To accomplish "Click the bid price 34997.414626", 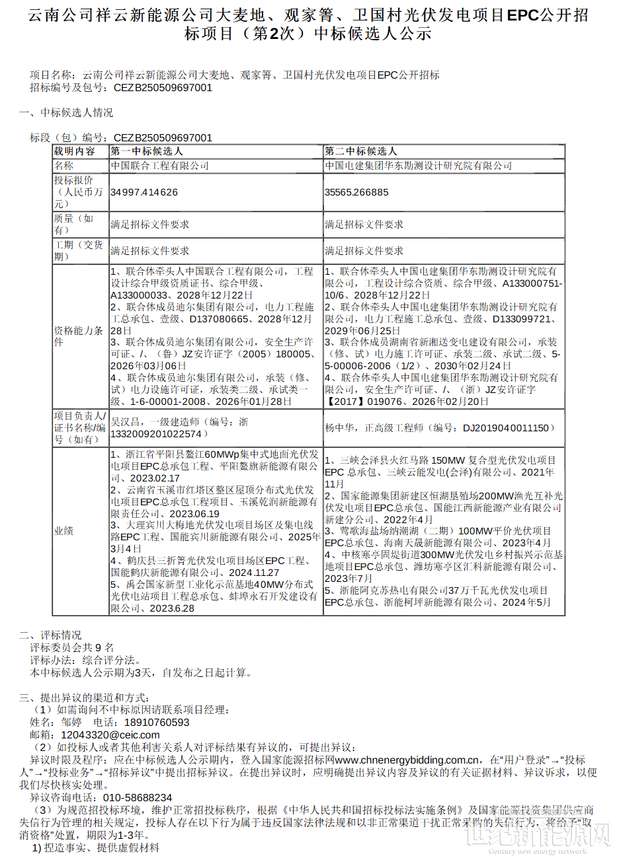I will [144, 192].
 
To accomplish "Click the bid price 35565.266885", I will [356, 192].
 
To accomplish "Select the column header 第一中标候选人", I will [147, 151].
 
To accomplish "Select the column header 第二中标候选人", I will [360, 151].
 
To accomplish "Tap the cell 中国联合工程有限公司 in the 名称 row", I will [159, 166].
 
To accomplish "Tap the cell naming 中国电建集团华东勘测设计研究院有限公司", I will [418, 166].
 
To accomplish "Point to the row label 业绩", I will [63, 531].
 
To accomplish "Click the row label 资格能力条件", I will [78, 336].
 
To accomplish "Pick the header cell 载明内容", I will [74, 151].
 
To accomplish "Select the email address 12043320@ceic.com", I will [110, 734].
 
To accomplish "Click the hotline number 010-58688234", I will [138, 797].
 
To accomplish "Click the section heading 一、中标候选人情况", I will [65, 113].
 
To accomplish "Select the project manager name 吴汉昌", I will [125, 422].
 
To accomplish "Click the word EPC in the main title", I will [522, 15].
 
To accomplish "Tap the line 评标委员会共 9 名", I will [72, 648].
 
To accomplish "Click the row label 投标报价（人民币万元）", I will [78, 192].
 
